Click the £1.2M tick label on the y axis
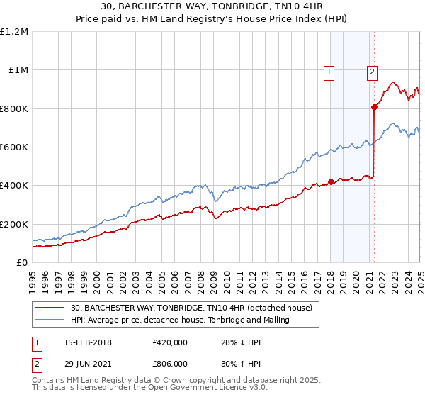coord(14,32)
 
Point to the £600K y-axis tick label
coord(14,147)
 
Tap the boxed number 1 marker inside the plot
coord(330,71)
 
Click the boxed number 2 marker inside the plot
coord(373,71)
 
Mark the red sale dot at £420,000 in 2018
coord(331,181)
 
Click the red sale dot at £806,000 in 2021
coord(374,108)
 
